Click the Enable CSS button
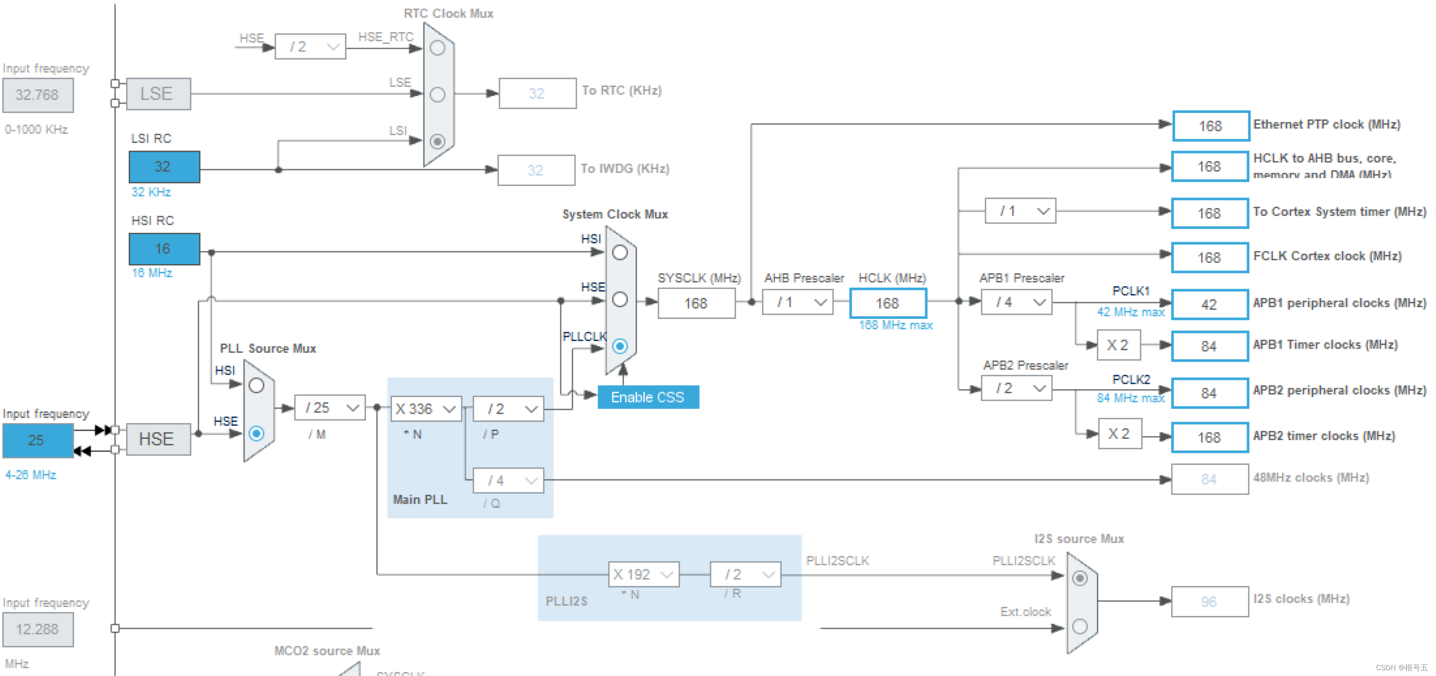coord(648,397)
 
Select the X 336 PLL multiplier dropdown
coord(426,409)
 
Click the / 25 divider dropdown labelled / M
coord(330,408)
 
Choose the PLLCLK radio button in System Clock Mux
coord(620,346)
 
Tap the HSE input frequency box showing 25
coord(38,440)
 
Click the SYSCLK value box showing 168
coord(696,303)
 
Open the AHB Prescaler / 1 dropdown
coord(797,302)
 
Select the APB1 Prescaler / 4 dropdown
coord(1016,302)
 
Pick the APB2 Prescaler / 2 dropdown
coord(1016,388)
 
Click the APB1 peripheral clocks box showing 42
coord(1209,304)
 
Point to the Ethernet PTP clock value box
coord(1210,126)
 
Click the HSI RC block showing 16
coord(164,249)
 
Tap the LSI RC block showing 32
coord(164,167)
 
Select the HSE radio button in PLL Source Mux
coord(256,433)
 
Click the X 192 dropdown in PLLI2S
coord(643,574)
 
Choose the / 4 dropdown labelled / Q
coord(508,480)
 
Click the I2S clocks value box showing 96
coord(1209,601)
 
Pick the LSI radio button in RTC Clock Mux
coord(438,141)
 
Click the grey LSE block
coord(158,94)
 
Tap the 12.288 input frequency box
coord(38,629)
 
